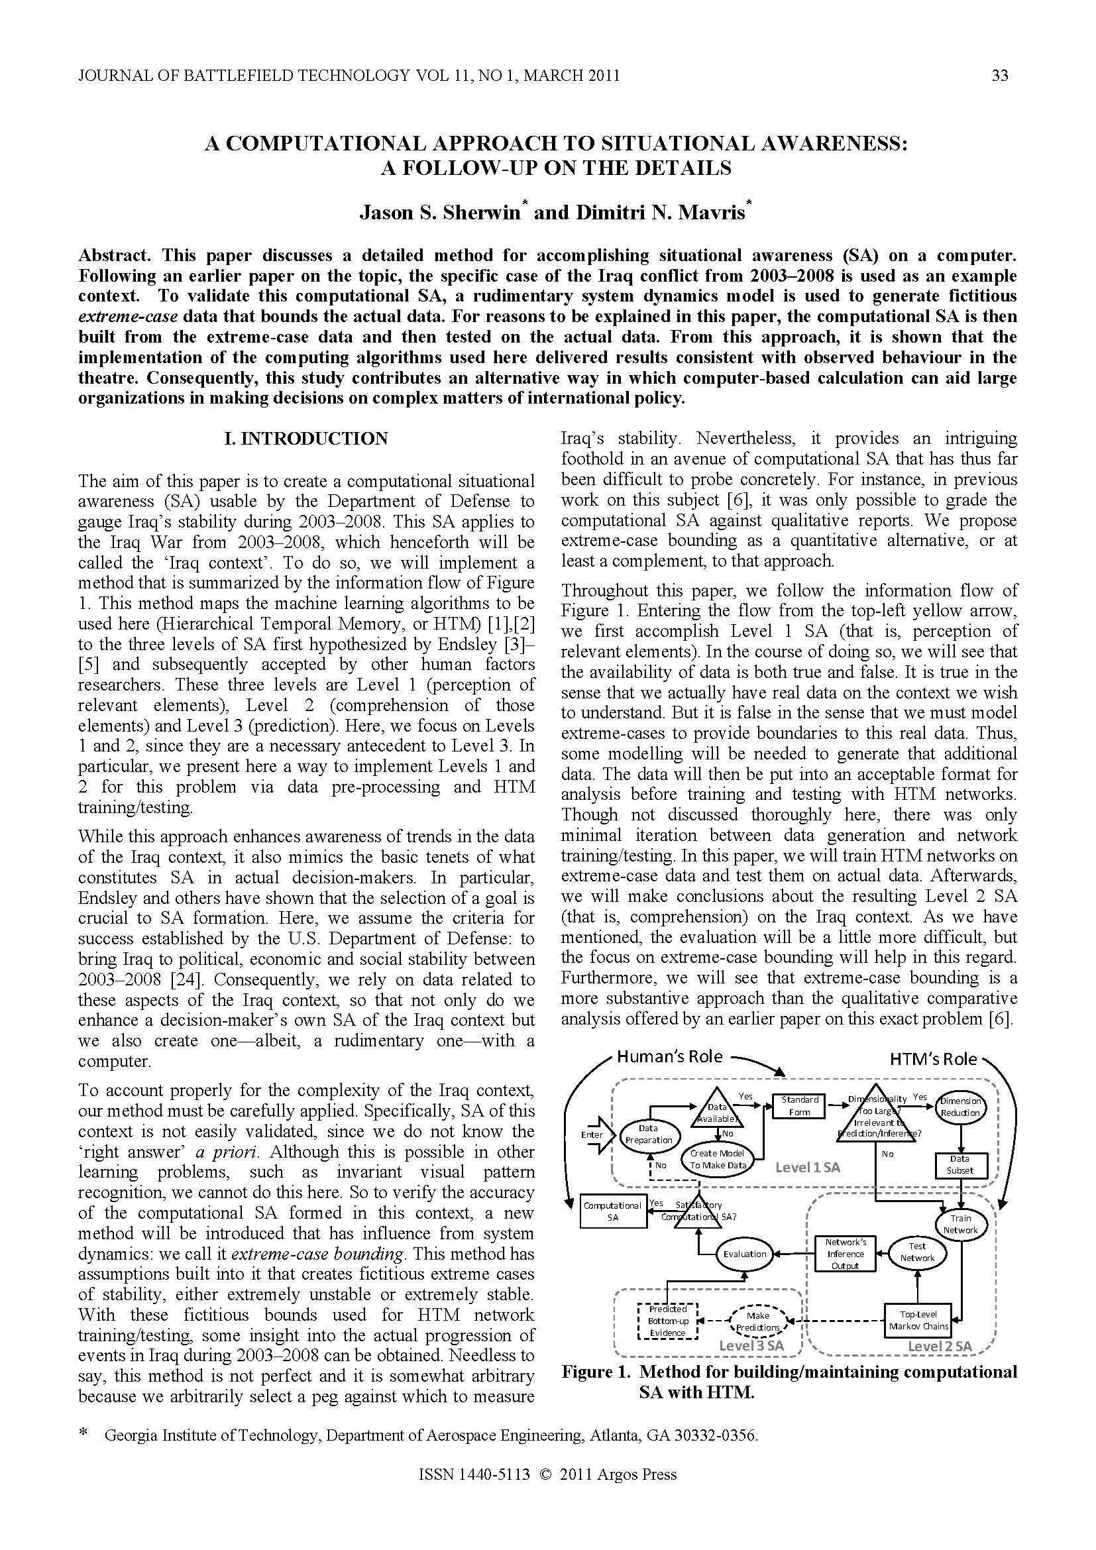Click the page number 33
(999, 76)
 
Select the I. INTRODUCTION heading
(305, 439)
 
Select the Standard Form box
(799, 1105)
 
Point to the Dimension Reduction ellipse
(959, 1106)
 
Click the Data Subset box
(959, 1164)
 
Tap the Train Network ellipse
(960, 1223)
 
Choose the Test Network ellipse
(916, 1252)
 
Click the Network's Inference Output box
(845, 1253)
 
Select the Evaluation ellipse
(744, 1254)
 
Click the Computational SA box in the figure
(612, 1211)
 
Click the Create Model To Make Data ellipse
(717, 1159)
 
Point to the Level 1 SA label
(807, 1167)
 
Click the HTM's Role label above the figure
(932, 1058)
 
